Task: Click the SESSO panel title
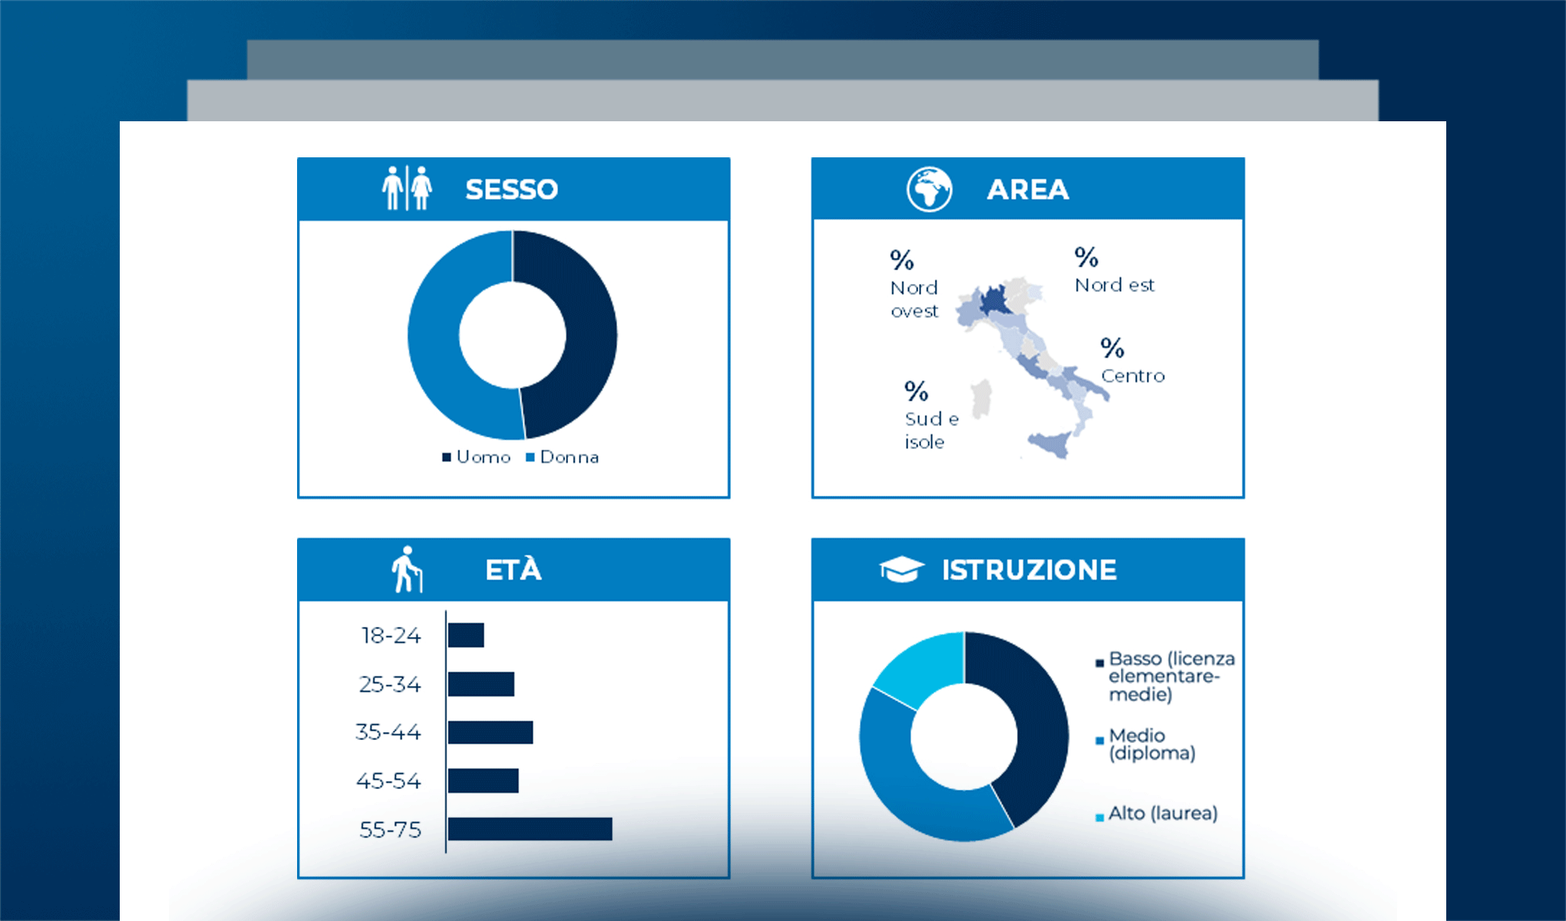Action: [x=511, y=189]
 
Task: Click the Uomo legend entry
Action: [x=477, y=457]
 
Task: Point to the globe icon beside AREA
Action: [x=929, y=189]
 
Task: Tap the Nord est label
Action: [x=1114, y=285]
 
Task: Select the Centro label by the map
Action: [x=1132, y=375]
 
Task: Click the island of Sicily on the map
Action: [x=1050, y=444]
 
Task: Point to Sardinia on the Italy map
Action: [x=982, y=399]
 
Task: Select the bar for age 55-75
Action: [x=530, y=829]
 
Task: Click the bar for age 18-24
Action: [x=466, y=635]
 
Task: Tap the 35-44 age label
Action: [x=388, y=732]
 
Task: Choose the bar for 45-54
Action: [x=483, y=781]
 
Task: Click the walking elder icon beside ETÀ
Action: [x=406, y=569]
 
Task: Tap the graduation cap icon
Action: [x=901, y=569]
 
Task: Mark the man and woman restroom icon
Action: [x=407, y=188]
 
